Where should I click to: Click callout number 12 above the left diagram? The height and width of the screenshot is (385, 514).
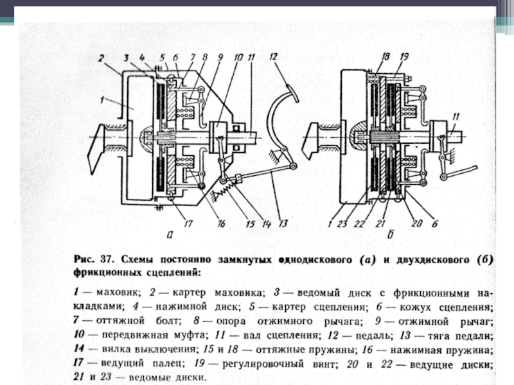coord(272,57)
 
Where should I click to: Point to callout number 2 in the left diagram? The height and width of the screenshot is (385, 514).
coord(101,59)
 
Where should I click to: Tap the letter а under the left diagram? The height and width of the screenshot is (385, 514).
coord(170,235)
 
